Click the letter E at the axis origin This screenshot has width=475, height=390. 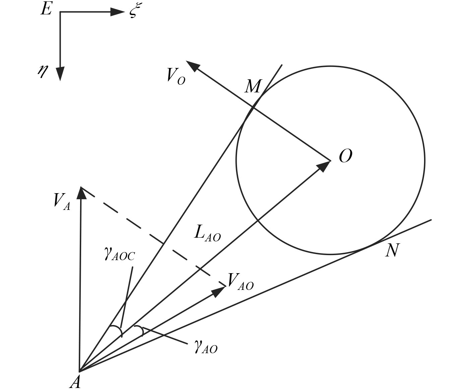46,9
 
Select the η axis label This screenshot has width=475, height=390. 42,71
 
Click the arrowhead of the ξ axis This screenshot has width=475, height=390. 118,12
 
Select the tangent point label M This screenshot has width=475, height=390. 252,87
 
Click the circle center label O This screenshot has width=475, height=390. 345,156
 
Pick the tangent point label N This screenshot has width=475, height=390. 392,250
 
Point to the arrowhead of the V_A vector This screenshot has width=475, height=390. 81,192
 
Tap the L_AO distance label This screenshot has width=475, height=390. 207,233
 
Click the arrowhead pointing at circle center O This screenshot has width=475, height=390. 323,166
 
